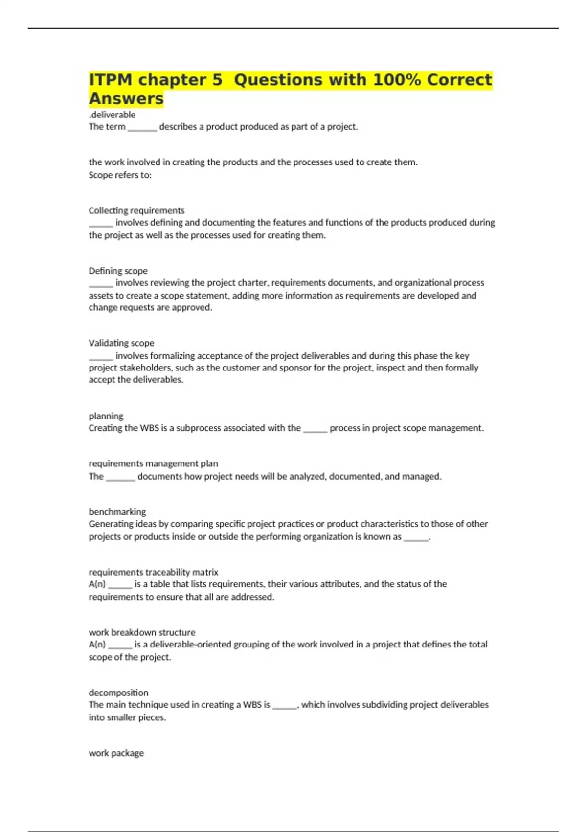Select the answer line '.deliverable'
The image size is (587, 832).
(112, 115)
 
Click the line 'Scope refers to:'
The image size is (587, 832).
(120, 175)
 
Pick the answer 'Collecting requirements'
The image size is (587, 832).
(136, 210)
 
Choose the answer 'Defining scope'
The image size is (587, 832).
(118, 271)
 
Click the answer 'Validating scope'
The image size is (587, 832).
(121, 343)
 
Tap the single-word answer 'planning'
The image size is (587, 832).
(106, 416)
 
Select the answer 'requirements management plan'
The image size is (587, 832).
(153, 463)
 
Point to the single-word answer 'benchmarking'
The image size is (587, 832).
(117, 511)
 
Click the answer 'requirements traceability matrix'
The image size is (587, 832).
(153, 572)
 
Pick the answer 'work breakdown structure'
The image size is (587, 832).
(142, 632)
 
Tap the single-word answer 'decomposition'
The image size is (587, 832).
(118, 693)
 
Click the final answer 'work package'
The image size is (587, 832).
(116, 753)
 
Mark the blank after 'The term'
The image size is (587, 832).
(142, 128)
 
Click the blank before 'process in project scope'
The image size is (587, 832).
(315, 429)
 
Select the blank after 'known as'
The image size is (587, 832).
(416, 538)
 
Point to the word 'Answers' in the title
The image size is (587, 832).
(126, 98)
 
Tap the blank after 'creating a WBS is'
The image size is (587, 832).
(284, 706)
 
